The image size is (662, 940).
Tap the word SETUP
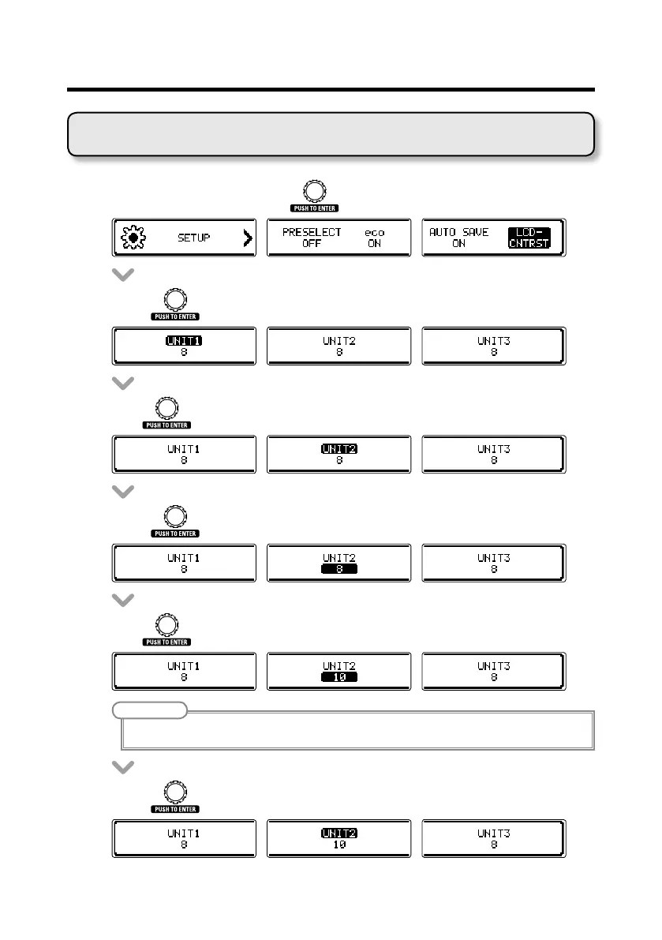coord(193,238)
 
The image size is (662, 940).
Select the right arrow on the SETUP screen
coord(248,238)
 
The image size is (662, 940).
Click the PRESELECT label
coord(312,232)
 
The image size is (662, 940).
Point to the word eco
coord(374,232)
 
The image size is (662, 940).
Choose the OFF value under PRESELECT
coord(311,244)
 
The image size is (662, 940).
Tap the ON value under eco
coord(374,244)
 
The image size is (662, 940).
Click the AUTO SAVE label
coord(458,232)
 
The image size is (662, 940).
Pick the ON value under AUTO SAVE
coord(458,244)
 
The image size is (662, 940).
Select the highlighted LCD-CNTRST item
coord(529,238)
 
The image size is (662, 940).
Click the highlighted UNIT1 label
coord(184,341)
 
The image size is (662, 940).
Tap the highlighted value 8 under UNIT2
coord(339,569)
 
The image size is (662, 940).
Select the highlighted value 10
coord(339,677)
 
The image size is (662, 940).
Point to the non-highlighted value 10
coord(339,844)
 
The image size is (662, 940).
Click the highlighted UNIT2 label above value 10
coord(339,832)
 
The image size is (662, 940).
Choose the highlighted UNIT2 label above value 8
coord(339,449)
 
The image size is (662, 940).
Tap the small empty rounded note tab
coord(149,710)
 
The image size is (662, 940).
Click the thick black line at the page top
coord(331,90)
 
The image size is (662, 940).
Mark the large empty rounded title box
coord(331,134)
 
